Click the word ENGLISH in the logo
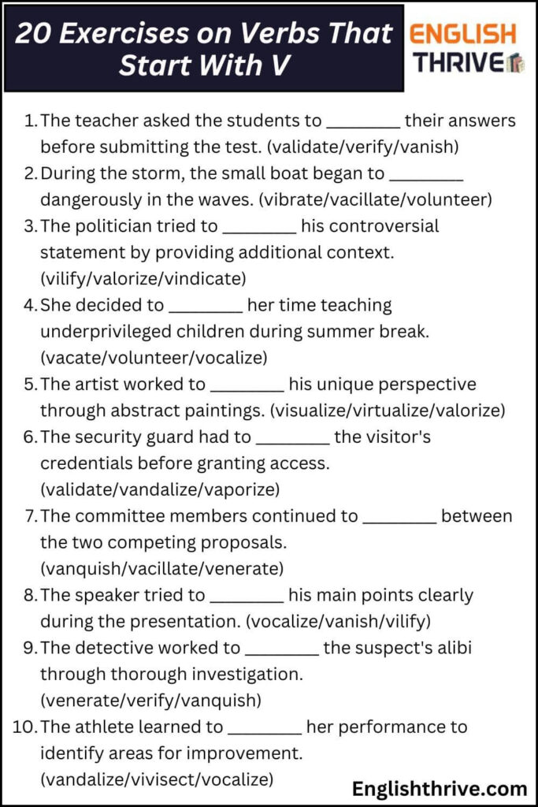point(463,33)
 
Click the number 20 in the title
point(35,33)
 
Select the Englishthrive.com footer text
point(440,788)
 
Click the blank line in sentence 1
point(363,122)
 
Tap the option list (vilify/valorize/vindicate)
point(143,278)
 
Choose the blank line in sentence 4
point(206,306)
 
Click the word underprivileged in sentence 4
point(114,331)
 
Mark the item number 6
point(31,437)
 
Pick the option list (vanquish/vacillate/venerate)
point(161,568)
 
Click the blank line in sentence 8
point(247,596)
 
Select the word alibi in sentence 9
point(449,648)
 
